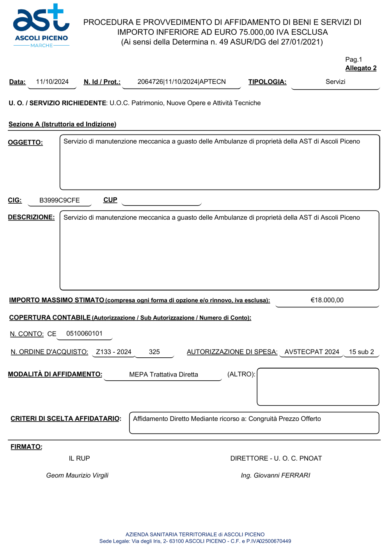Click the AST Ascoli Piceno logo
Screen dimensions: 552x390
click(x=41, y=26)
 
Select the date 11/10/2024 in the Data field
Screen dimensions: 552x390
click(x=52, y=82)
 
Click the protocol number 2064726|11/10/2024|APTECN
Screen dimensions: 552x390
click(x=181, y=82)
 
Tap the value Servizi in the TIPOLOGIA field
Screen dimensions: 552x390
click(x=335, y=82)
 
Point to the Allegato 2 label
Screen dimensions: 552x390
click(x=361, y=68)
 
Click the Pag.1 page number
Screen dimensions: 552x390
click(x=353, y=60)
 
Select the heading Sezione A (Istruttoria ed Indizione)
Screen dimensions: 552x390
click(x=62, y=124)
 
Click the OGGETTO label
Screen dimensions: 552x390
click(x=25, y=143)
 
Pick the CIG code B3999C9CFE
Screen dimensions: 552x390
click(x=59, y=201)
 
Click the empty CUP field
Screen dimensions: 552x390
click(x=161, y=201)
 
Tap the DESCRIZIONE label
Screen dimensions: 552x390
click(x=31, y=217)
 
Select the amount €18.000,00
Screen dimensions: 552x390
click(x=327, y=300)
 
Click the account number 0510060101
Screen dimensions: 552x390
click(x=84, y=334)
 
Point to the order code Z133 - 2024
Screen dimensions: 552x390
click(x=113, y=352)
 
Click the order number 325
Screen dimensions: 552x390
click(x=154, y=352)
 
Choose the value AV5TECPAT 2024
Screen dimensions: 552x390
click(x=312, y=352)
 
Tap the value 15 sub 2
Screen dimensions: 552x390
click(x=361, y=352)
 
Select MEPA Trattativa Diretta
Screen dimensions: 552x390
click(x=163, y=375)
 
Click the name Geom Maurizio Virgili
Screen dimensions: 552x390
click(x=77, y=476)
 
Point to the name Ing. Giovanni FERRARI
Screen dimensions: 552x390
click(x=275, y=476)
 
